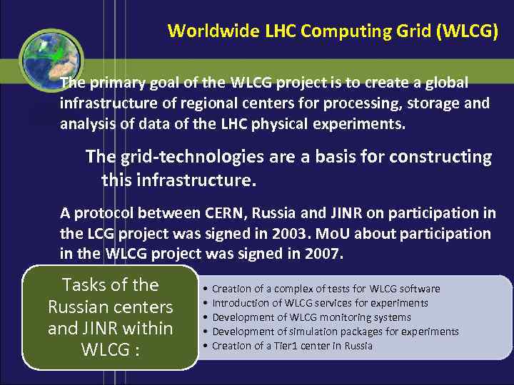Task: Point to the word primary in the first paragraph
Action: (117, 83)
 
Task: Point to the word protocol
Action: (107, 212)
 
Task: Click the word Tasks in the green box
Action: (87, 285)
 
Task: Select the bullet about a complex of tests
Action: (326, 289)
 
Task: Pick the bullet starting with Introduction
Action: (320, 303)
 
